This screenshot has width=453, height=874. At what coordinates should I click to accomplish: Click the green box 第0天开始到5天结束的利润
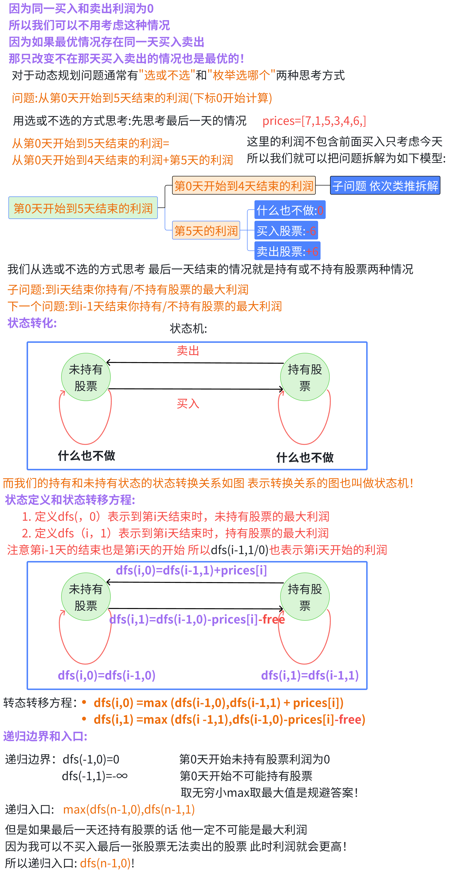[83, 208]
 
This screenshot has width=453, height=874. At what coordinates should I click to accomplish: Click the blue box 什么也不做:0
[290, 210]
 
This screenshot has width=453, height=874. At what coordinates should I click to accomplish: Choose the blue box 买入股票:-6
[286, 231]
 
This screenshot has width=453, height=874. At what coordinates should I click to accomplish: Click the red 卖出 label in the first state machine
[188, 351]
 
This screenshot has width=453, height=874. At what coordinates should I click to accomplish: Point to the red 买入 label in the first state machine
[188, 403]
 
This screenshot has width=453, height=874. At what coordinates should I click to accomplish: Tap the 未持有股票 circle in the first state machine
[86, 377]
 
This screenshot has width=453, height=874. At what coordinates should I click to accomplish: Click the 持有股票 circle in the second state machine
[305, 597]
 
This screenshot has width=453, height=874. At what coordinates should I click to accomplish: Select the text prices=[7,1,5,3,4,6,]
[314, 121]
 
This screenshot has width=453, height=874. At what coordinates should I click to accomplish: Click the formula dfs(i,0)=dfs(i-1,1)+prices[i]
[191, 570]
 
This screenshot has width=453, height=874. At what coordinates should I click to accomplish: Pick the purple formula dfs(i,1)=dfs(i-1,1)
[310, 675]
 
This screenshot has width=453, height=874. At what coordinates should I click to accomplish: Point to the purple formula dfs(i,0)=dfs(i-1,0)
[107, 675]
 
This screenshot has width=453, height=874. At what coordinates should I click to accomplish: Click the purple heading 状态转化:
[32, 323]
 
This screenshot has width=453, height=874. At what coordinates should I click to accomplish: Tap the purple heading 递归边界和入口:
[45, 736]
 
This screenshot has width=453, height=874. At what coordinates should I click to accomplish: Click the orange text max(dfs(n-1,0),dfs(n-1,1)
[129, 809]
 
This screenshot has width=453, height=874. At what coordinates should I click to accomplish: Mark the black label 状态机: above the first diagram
[188, 328]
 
